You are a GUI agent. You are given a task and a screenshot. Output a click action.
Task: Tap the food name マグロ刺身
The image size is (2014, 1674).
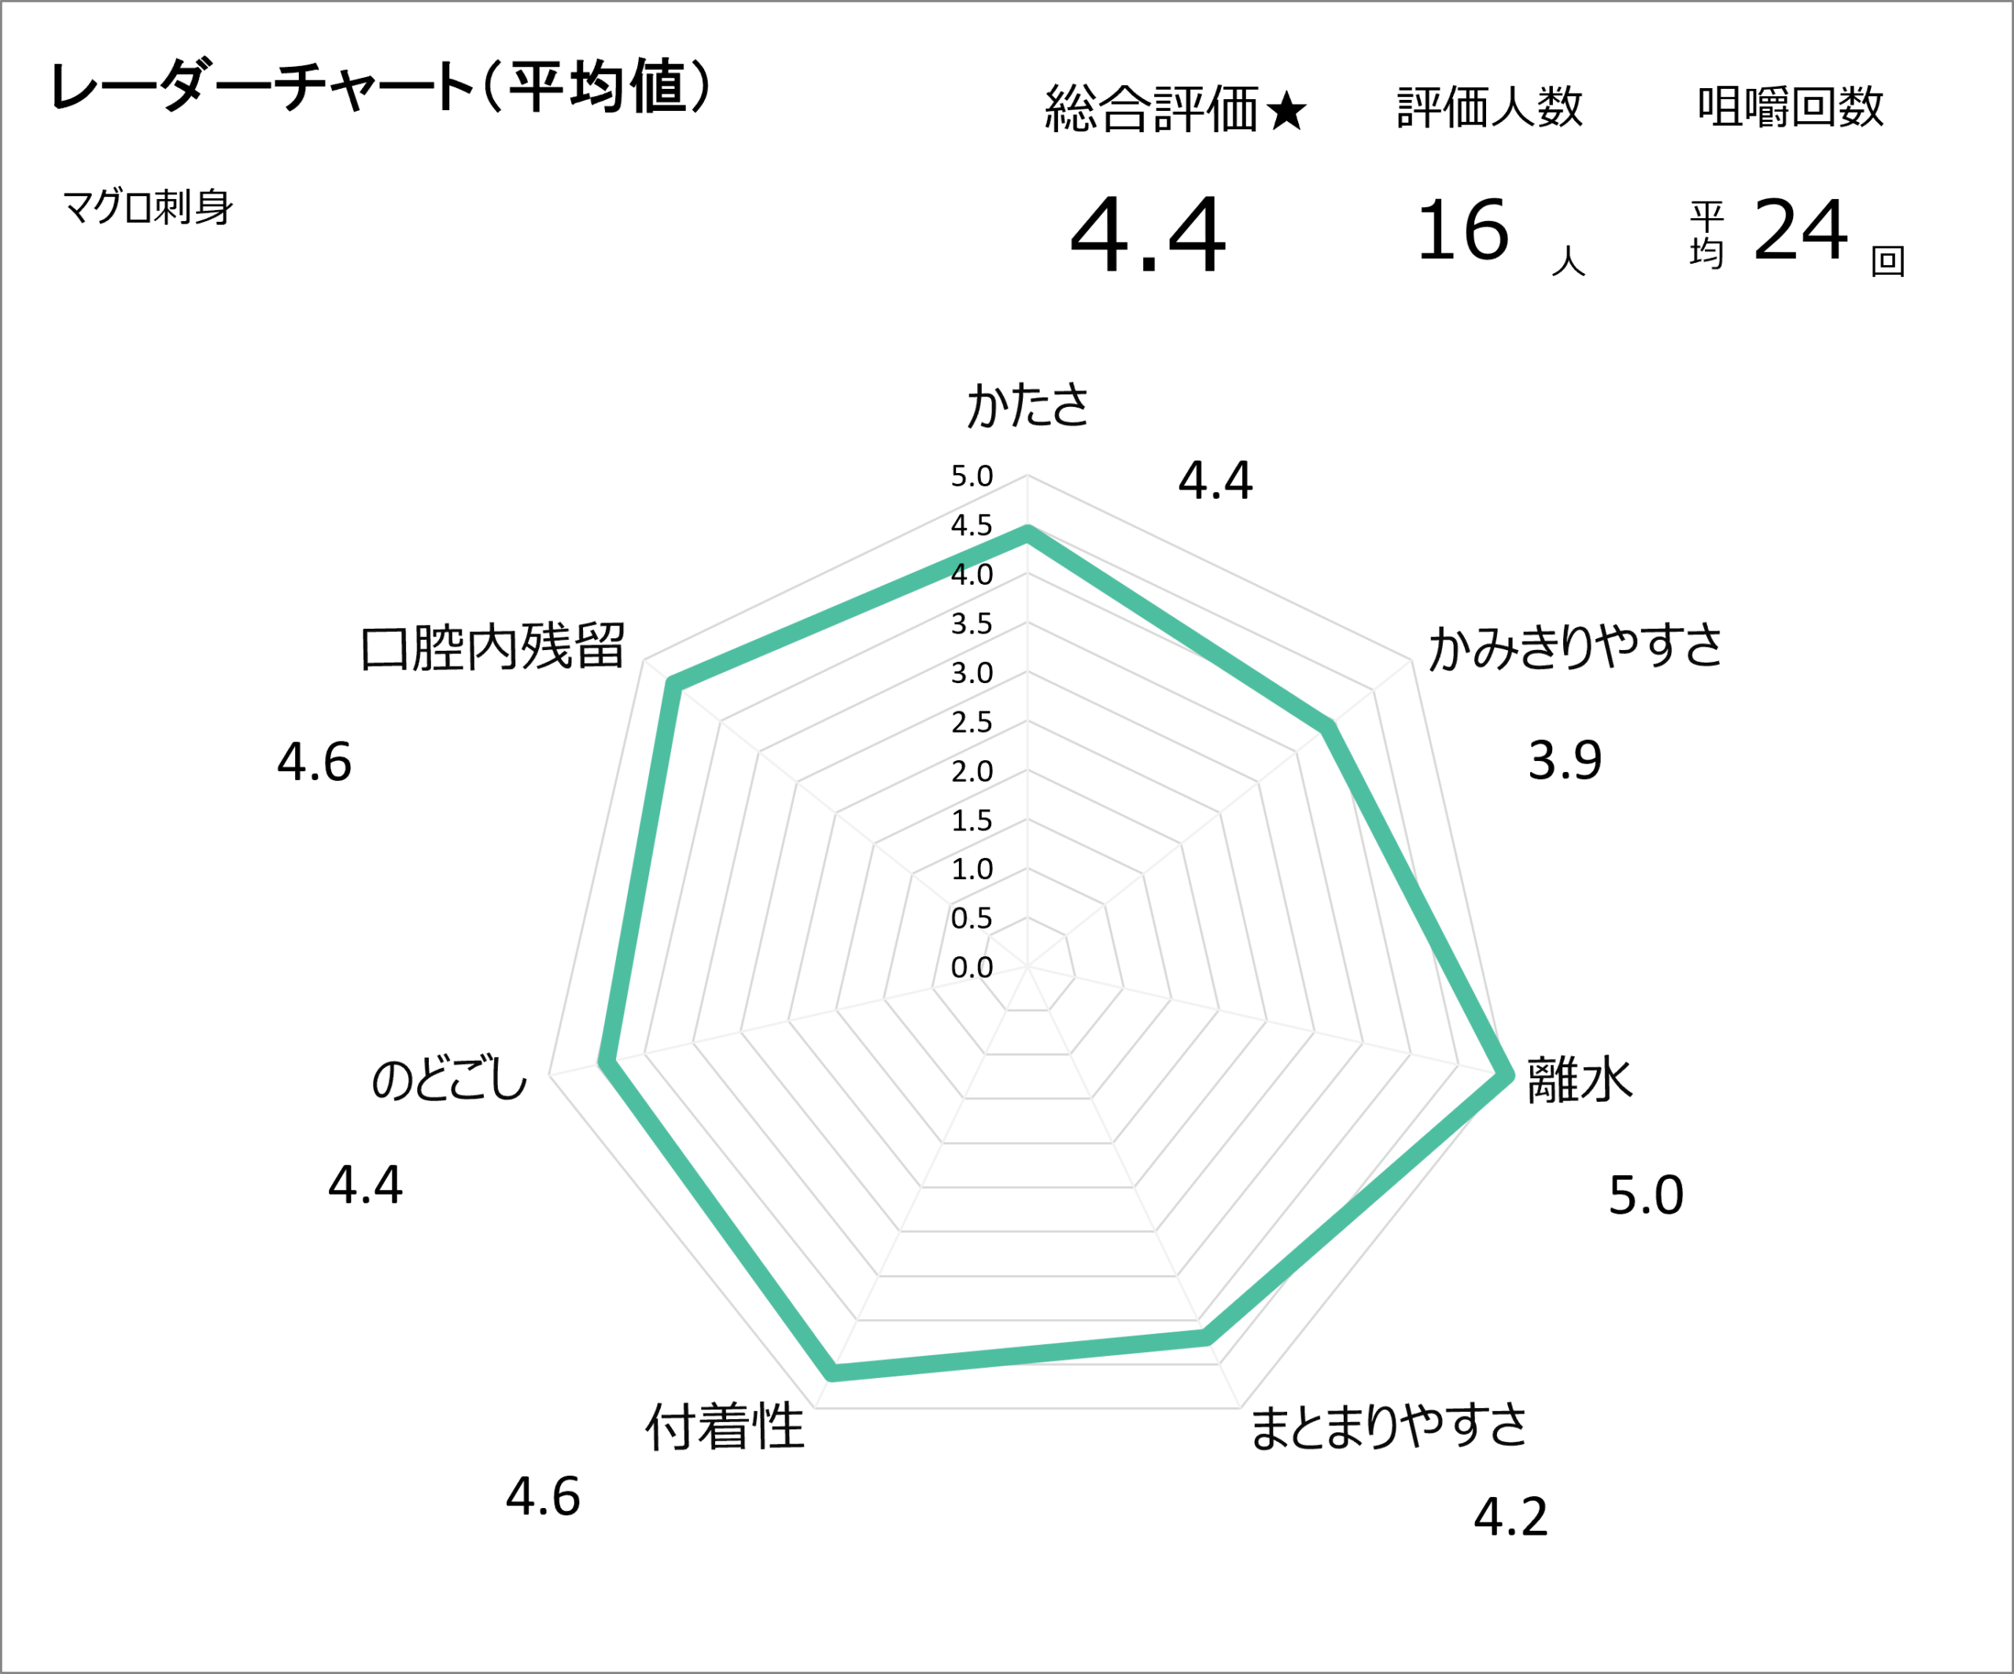pyautogui.click(x=148, y=206)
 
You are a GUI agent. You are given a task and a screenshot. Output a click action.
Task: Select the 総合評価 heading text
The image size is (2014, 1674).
pyautogui.click(x=1151, y=109)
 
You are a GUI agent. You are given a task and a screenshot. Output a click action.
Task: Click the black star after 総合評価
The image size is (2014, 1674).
pyautogui.click(x=1286, y=110)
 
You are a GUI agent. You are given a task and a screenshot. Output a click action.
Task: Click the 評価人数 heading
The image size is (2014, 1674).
pyautogui.click(x=1489, y=106)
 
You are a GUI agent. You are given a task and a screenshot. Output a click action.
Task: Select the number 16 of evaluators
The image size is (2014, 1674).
pyautogui.click(x=1463, y=231)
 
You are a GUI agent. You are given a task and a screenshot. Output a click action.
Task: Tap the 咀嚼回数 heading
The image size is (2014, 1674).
pyautogui.click(x=1790, y=106)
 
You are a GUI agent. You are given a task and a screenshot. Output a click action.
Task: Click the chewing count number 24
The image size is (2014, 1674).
pyautogui.click(x=1800, y=231)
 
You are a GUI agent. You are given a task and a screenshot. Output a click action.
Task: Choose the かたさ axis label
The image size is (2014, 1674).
pyautogui.click(x=1027, y=404)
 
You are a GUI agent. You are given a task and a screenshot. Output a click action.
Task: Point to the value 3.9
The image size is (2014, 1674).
pyautogui.click(x=1564, y=761)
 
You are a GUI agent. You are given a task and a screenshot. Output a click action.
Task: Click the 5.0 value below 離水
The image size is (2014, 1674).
pyautogui.click(x=1646, y=1195)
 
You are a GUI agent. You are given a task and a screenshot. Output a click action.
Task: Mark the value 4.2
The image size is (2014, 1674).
pyautogui.click(x=1510, y=1517)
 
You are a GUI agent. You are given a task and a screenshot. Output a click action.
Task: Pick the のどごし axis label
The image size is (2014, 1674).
pyautogui.click(x=449, y=1080)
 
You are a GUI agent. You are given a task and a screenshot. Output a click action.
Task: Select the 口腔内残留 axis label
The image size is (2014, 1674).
pyautogui.click(x=492, y=647)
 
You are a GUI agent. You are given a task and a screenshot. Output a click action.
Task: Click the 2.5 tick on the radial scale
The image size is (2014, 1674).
pyautogui.click(x=972, y=722)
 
